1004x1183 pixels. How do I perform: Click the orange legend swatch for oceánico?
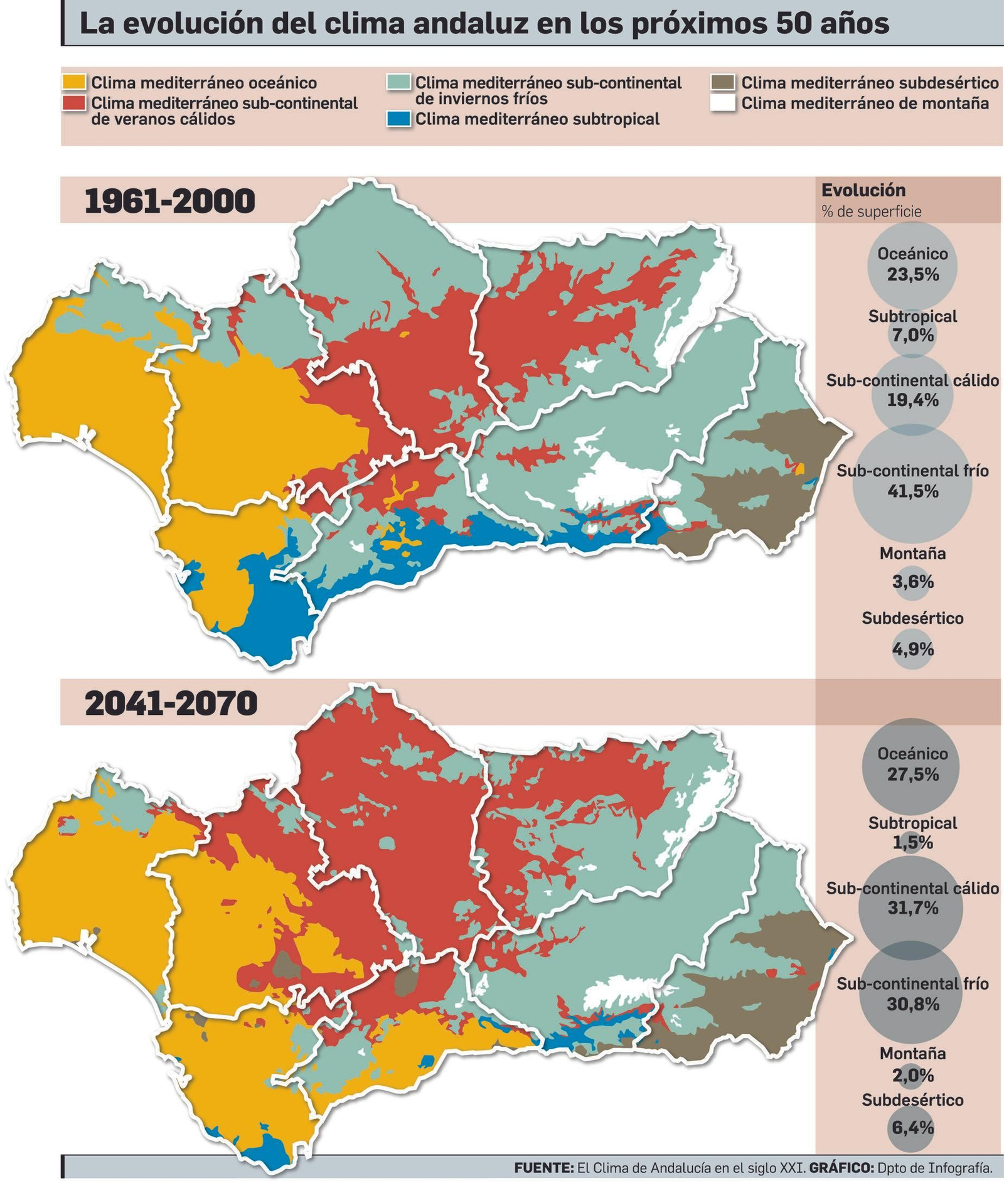click(74, 83)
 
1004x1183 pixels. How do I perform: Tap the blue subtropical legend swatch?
click(399, 119)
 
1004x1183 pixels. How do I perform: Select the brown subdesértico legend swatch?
click(723, 83)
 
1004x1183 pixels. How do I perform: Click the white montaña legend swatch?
click(723, 103)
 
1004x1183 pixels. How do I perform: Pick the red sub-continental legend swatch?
click(74, 103)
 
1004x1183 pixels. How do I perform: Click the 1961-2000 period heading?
click(170, 201)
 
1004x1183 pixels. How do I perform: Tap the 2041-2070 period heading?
click(171, 704)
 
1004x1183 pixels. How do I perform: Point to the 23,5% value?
click(912, 274)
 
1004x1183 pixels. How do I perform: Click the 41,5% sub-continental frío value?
click(912, 491)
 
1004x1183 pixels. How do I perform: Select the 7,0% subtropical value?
click(912, 335)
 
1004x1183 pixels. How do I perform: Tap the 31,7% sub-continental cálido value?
click(912, 907)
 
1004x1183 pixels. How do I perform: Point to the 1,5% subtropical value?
click(912, 843)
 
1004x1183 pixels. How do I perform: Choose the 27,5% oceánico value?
click(912, 774)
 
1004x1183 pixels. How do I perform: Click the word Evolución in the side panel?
click(863, 190)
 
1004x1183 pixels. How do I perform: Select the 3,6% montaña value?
click(912, 582)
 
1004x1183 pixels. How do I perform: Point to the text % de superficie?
click(871, 211)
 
